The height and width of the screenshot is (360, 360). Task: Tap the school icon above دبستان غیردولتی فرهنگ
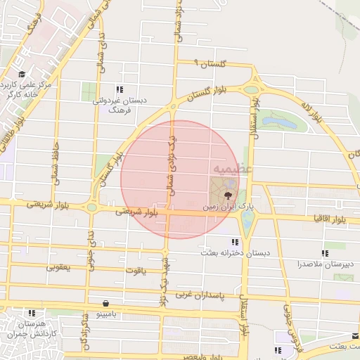(x=120, y=89)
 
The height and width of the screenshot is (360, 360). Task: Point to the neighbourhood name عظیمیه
(x=228, y=169)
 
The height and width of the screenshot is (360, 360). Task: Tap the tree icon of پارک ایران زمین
(x=226, y=197)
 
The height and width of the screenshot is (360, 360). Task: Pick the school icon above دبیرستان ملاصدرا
(x=325, y=253)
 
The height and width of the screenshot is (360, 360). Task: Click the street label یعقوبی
(x=60, y=267)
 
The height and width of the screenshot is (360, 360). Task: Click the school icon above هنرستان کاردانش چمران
(x=30, y=313)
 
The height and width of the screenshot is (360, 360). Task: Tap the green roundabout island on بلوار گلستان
(x=250, y=89)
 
